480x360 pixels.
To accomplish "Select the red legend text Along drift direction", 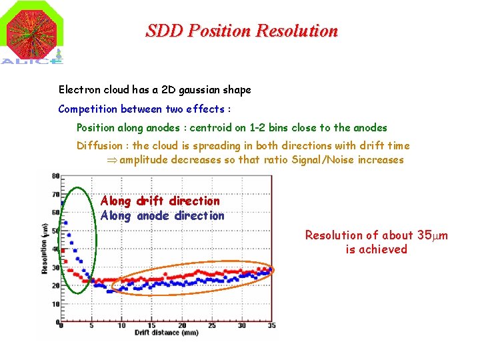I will tap(160, 201).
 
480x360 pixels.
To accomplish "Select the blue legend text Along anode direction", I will tap(162, 215).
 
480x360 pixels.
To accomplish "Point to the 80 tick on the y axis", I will tap(55, 176).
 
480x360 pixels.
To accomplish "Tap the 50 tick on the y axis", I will tap(55, 231).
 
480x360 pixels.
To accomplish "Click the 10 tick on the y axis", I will tap(55, 304).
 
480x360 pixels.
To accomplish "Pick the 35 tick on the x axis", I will tap(271, 325).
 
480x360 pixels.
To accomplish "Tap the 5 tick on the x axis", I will tap(91, 325).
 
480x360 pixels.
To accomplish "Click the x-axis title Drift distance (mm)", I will tap(165, 332).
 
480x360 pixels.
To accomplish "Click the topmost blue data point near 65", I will tap(63, 203).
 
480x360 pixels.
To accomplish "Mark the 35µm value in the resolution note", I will tap(433, 235).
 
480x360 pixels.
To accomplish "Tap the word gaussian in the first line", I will tap(200, 89).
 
